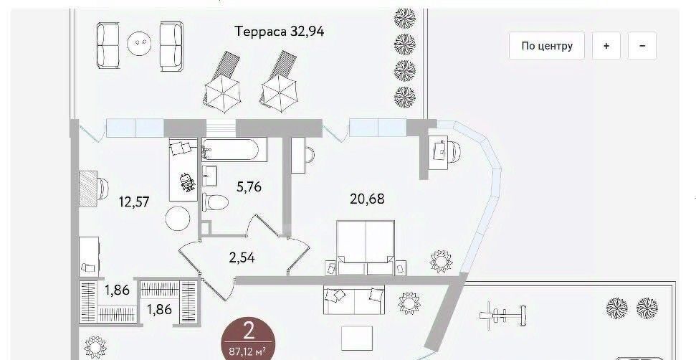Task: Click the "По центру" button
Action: [546, 46]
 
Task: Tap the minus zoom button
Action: [642, 46]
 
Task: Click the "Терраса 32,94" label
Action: [280, 32]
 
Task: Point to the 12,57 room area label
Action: [134, 202]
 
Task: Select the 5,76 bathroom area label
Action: [249, 187]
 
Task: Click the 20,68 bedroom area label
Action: [367, 199]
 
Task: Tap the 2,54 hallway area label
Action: [242, 257]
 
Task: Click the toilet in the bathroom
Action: [215, 202]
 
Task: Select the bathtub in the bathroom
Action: [234, 150]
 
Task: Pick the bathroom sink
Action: [209, 176]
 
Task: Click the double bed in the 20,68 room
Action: [366, 247]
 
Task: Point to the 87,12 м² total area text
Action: [248, 352]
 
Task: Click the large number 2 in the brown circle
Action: [248, 331]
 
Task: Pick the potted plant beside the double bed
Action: [442, 261]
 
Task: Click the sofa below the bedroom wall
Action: [354, 300]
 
